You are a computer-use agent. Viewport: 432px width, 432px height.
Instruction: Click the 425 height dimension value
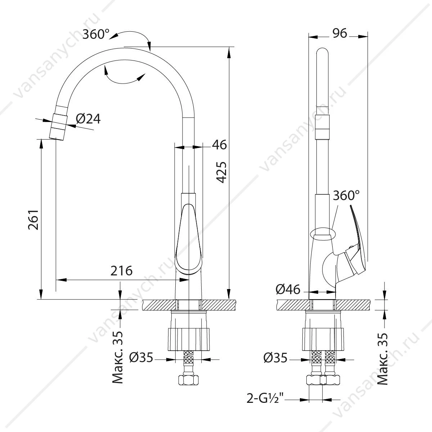[x=221, y=172]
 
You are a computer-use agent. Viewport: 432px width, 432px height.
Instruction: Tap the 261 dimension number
[x=33, y=220]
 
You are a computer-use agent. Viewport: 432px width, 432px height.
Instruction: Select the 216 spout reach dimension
[x=122, y=271]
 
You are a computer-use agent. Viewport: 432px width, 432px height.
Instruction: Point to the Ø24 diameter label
[x=88, y=119]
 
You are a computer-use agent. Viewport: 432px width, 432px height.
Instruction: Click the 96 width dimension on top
[x=339, y=33]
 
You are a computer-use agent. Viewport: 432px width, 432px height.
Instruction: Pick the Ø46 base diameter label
[x=288, y=289]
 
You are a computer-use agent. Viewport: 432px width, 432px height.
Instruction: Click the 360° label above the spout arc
[x=96, y=34]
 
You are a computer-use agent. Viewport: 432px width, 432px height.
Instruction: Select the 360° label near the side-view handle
[x=346, y=195]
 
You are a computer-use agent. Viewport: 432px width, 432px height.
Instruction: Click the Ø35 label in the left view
[x=141, y=357]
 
